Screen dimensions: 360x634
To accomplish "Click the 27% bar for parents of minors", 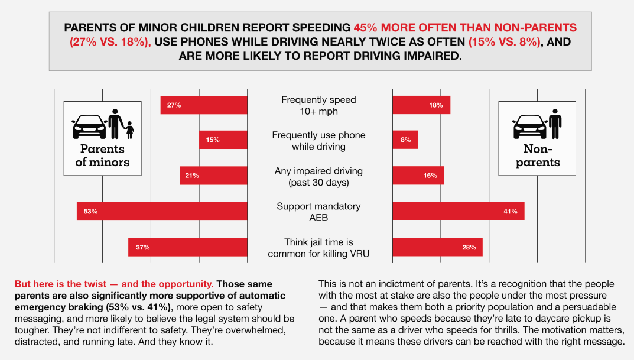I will [x=204, y=105].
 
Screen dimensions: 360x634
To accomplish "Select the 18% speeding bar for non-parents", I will [x=421, y=105].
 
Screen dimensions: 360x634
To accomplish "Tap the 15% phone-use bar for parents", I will [x=223, y=140].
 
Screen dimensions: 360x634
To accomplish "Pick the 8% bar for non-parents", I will [x=405, y=140].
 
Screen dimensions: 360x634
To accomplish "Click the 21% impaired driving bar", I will [x=213, y=176].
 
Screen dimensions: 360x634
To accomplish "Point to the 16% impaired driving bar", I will [x=418, y=176].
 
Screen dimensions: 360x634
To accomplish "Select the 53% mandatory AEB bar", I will [x=162, y=211].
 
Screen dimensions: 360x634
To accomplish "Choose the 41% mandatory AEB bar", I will [x=459, y=211].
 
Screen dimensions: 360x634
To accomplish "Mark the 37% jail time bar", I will [x=188, y=247].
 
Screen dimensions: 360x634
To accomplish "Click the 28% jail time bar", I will [x=437, y=247].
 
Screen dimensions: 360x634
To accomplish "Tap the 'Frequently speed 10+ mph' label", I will [x=319, y=105].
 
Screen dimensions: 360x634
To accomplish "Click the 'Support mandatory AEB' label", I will [x=319, y=212].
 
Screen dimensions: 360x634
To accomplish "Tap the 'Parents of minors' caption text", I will [x=102, y=155].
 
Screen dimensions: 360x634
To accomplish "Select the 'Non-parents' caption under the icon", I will [x=537, y=155].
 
